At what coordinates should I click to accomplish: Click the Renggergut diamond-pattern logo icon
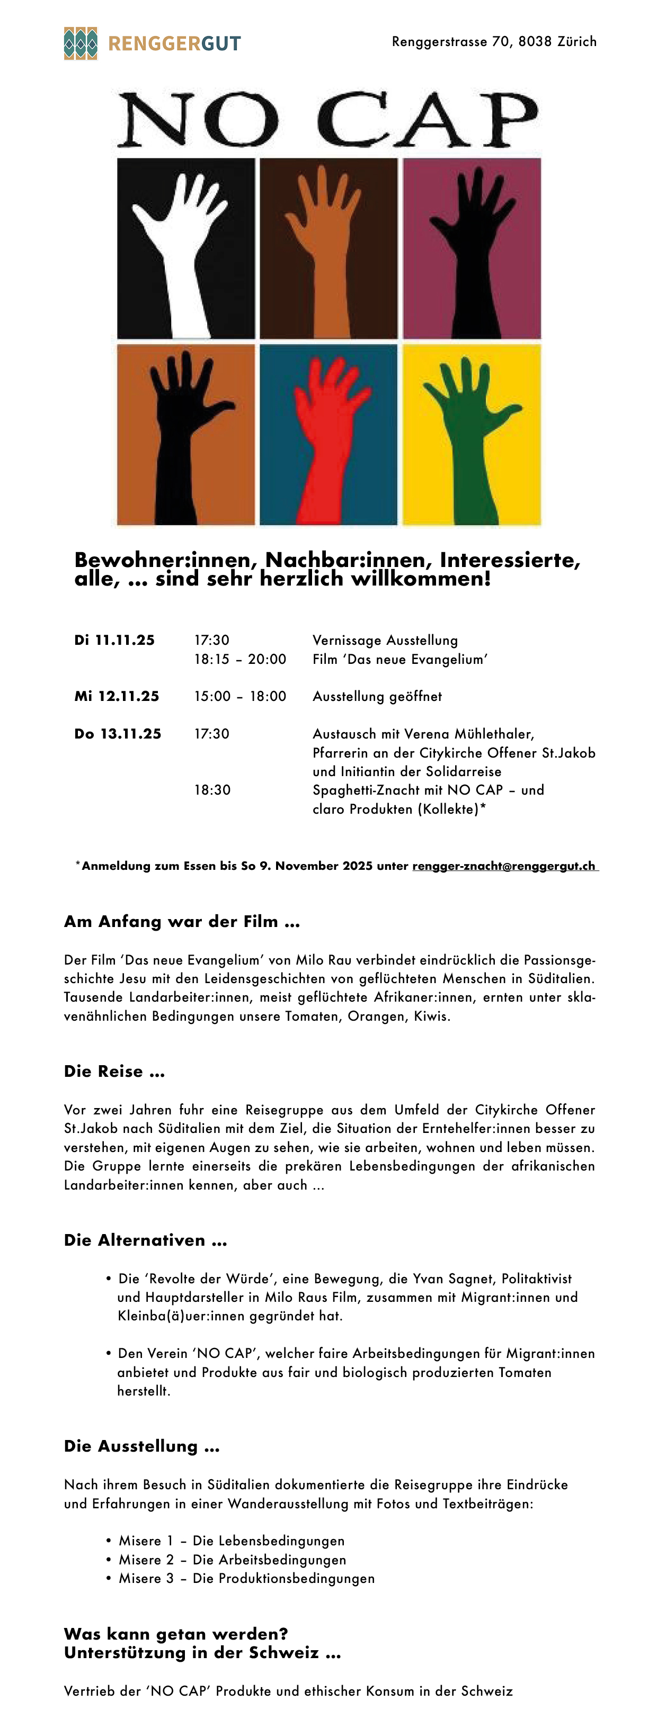[81, 43]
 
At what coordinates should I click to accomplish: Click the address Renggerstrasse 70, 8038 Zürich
[494, 42]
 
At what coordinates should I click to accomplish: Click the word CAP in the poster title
[427, 121]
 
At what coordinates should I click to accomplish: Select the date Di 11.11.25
[115, 640]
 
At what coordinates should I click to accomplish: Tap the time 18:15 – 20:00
[240, 660]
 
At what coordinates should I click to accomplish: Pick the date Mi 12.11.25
[117, 696]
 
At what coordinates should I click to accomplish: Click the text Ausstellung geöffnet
[377, 696]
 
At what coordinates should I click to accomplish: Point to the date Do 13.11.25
[118, 734]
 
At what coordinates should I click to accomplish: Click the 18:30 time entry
[213, 790]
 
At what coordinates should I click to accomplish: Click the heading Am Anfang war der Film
[182, 922]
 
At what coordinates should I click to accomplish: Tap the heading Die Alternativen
[146, 1240]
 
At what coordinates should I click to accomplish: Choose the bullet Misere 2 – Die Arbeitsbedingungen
[232, 1560]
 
